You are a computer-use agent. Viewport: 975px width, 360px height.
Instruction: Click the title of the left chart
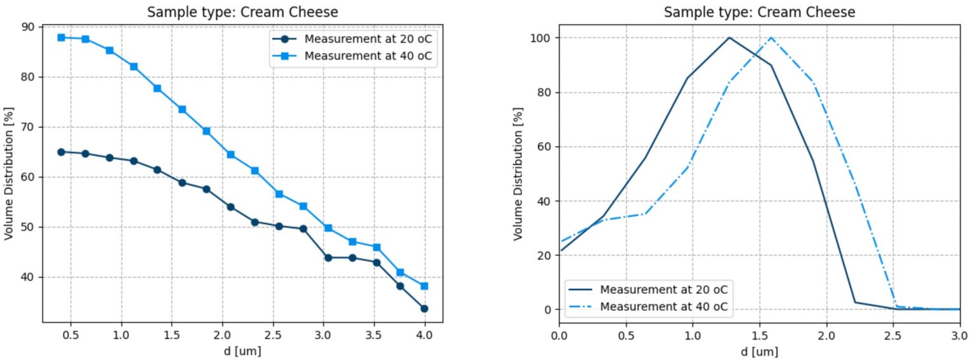tap(242, 12)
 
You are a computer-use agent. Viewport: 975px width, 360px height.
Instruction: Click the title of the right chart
tap(759, 12)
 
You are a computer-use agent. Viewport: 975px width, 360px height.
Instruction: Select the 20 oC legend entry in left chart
tap(368, 39)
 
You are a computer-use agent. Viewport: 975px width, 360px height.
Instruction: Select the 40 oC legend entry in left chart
tap(368, 56)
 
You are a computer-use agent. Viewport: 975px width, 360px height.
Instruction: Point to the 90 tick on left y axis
tap(30, 27)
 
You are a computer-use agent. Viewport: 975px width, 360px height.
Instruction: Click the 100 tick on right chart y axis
tap(541, 38)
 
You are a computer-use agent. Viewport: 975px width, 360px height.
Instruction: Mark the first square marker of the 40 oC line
tap(61, 37)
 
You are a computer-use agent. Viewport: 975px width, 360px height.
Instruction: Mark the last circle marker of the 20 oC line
tap(425, 309)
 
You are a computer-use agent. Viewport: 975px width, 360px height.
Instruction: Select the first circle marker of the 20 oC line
tap(61, 152)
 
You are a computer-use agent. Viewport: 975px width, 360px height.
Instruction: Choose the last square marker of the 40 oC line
tap(425, 286)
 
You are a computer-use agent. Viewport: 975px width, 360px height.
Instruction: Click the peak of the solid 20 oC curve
tap(729, 37)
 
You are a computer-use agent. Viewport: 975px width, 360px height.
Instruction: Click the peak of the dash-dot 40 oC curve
tap(771, 37)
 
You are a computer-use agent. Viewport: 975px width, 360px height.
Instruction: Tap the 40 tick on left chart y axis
tap(30, 277)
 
